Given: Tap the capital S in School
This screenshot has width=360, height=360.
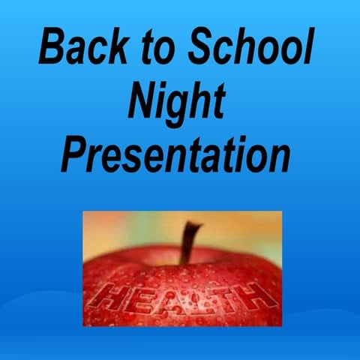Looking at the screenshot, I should (x=202, y=49).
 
